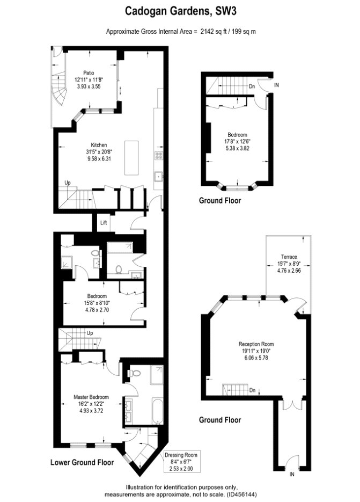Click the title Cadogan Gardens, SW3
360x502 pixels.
point(180,11)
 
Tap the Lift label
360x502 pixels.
point(104,222)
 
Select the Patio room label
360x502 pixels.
point(89,73)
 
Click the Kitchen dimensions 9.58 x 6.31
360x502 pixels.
point(99,158)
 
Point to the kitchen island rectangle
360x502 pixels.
point(131,157)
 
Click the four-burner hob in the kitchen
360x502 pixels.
point(159,156)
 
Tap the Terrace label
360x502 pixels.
point(289,257)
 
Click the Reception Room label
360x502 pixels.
point(256,344)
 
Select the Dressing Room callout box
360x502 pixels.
point(181,462)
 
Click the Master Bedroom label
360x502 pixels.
point(91,397)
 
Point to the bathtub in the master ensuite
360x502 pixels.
point(157,411)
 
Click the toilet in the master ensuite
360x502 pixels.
point(135,373)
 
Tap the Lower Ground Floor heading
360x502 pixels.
point(82,462)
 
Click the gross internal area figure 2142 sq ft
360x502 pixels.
point(213,31)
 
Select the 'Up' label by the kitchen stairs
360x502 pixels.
point(68,183)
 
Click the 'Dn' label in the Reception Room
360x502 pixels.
point(253,390)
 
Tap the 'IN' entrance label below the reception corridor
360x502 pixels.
point(292,475)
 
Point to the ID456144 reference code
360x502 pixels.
point(241,494)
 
